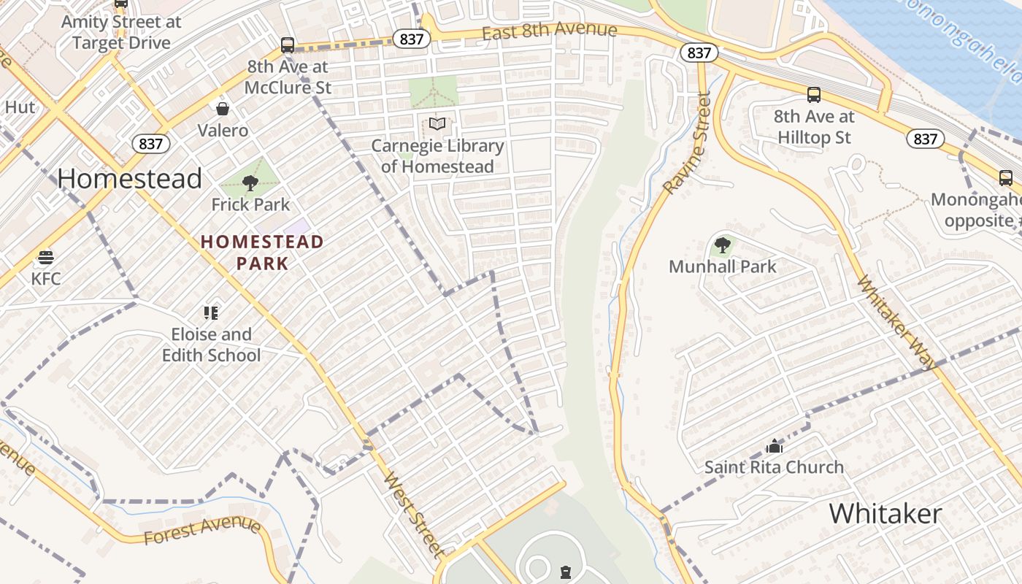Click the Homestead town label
[130, 179]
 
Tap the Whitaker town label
[885, 514]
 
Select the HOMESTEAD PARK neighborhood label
[262, 252]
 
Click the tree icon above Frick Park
[250, 182]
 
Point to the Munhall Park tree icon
[722, 245]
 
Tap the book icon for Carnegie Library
[437, 124]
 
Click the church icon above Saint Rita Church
[774, 445]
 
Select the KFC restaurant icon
[46, 257]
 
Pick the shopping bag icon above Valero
[223, 109]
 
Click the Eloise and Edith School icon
[211, 313]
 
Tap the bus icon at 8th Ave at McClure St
[288, 45]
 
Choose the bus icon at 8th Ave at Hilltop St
[813, 95]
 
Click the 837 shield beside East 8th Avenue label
[411, 39]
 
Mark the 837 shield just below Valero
[151, 144]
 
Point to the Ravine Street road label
[687, 143]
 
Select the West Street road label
[414, 515]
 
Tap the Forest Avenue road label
[202, 531]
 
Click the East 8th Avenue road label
[549, 31]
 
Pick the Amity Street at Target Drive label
[121, 32]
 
